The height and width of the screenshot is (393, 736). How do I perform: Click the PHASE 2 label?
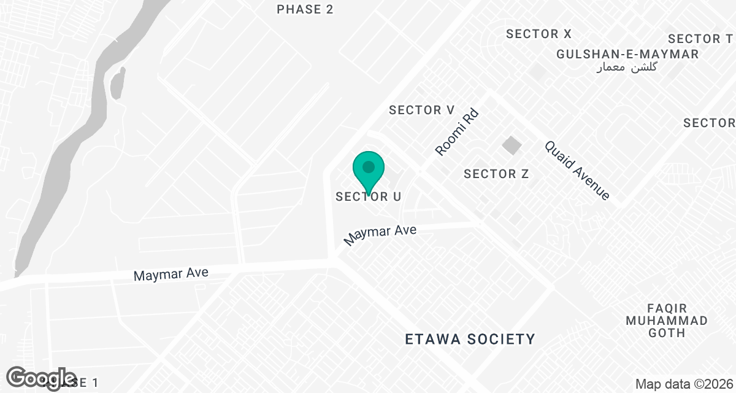tap(305, 9)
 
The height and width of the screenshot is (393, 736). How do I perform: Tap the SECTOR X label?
tap(539, 34)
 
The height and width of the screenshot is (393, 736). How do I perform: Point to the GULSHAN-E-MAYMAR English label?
tap(627, 54)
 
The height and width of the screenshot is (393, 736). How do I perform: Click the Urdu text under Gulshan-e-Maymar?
tap(627, 67)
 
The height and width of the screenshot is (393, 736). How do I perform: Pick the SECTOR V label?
tap(422, 111)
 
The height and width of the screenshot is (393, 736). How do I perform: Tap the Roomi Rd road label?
tap(456, 133)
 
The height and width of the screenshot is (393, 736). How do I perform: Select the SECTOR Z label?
tap(496, 174)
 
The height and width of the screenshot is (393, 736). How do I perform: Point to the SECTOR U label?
tap(368, 197)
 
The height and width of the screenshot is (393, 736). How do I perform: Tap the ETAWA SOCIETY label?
tap(470, 339)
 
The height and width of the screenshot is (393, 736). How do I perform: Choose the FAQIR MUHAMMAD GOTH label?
tap(667, 321)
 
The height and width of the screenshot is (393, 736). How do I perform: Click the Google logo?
tap(42, 378)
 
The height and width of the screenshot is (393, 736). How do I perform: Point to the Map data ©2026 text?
tap(684, 384)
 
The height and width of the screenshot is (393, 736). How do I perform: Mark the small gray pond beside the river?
tap(117, 82)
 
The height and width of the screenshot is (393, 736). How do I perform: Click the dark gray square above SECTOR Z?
tap(511, 146)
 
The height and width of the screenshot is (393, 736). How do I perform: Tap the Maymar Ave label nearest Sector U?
tap(380, 235)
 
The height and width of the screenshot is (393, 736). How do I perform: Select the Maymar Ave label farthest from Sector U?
tap(171, 273)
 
